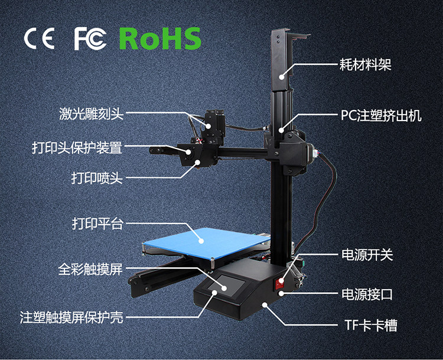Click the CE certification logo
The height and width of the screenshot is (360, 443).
point(39,38)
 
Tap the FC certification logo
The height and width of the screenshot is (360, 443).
point(90,38)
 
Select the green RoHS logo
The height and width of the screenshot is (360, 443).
point(160,38)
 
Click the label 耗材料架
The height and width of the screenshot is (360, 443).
point(366,64)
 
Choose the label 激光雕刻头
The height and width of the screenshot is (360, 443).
point(91,113)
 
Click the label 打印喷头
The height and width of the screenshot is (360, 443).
point(97,177)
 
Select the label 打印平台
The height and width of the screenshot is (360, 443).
point(97,223)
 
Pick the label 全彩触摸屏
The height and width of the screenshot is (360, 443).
point(90,270)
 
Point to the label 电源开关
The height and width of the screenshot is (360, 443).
point(367,255)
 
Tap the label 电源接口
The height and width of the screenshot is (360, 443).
point(367,294)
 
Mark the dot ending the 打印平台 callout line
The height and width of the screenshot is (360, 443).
point(202,240)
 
